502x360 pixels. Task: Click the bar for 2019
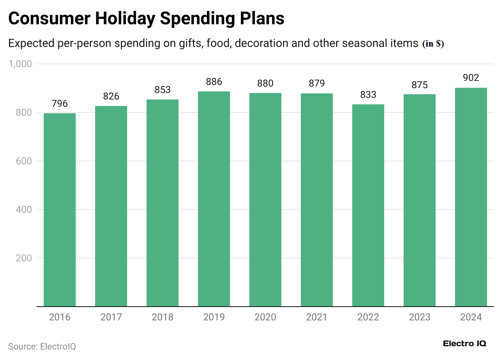tap(214, 199)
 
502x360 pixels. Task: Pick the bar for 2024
tap(471, 197)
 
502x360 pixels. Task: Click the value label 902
tap(471, 78)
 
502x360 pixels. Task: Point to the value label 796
tap(60, 104)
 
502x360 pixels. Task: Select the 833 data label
tap(368, 95)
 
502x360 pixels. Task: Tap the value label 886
tap(214, 82)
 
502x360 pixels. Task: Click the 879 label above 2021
tap(317, 83)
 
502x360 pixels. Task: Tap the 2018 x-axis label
tap(162, 317)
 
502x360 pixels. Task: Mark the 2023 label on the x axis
tap(419, 317)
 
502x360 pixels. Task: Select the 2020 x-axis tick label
tap(265, 317)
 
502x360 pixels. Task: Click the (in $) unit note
tap(433, 44)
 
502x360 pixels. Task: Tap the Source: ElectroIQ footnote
tap(42, 347)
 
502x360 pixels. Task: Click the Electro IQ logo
tap(464, 344)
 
